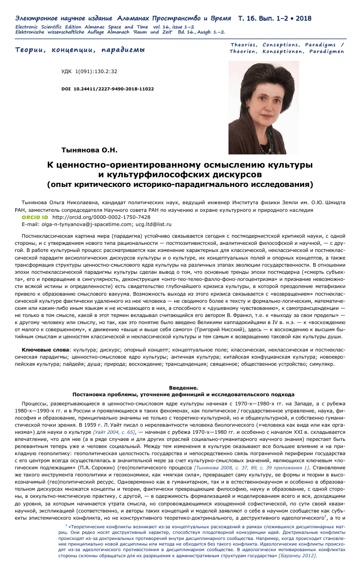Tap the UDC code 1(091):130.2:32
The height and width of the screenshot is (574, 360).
pos(89,72)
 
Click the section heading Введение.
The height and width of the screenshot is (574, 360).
pos(180,374)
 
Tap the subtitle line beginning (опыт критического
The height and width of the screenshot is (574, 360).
pos(180,183)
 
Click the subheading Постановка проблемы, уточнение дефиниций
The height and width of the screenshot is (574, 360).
pos(180,379)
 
